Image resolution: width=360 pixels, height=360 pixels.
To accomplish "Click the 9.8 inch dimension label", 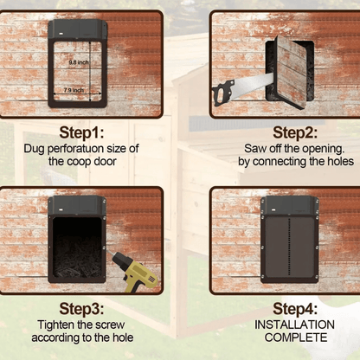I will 78,61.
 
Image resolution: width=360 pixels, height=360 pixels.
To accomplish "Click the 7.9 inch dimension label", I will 74,89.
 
